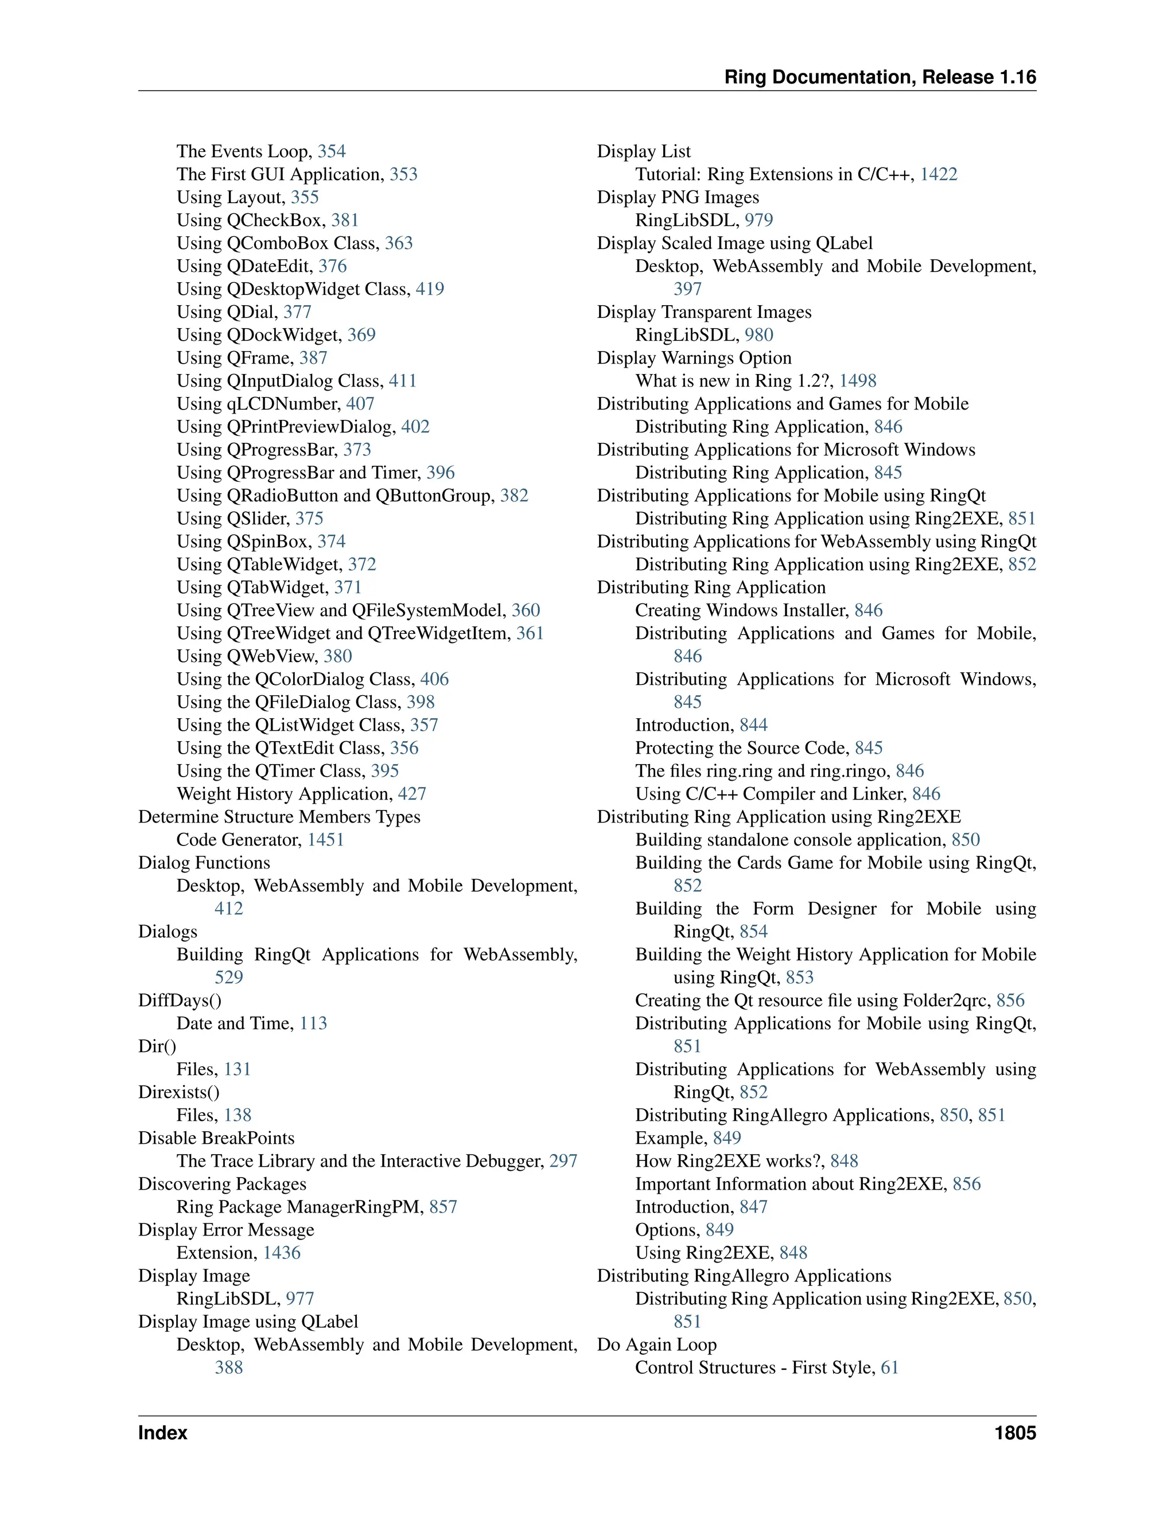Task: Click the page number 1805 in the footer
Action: tap(1015, 1433)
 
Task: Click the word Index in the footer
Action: tap(163, 1433)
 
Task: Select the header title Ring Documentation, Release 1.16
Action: tap(880, 77)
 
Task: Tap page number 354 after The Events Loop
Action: tap(332, 152)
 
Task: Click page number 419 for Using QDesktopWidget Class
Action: tap(430, 289)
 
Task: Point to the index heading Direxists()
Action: tap(179, 1092)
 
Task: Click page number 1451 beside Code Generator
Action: tap(326, 840)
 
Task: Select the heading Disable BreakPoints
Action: tap(216, 1138)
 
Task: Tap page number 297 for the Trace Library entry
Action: tap(563, 1161)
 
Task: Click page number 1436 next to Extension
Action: tap(282, 1253)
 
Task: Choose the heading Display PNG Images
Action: tap(678, 198)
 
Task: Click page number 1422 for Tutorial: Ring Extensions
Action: tap(938, 175)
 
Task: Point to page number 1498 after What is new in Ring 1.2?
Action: tap(858, 381)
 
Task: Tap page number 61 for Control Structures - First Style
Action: tap(890, 1367)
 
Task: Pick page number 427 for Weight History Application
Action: tap(412, 794)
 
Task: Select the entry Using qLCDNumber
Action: tap(258, 404)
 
